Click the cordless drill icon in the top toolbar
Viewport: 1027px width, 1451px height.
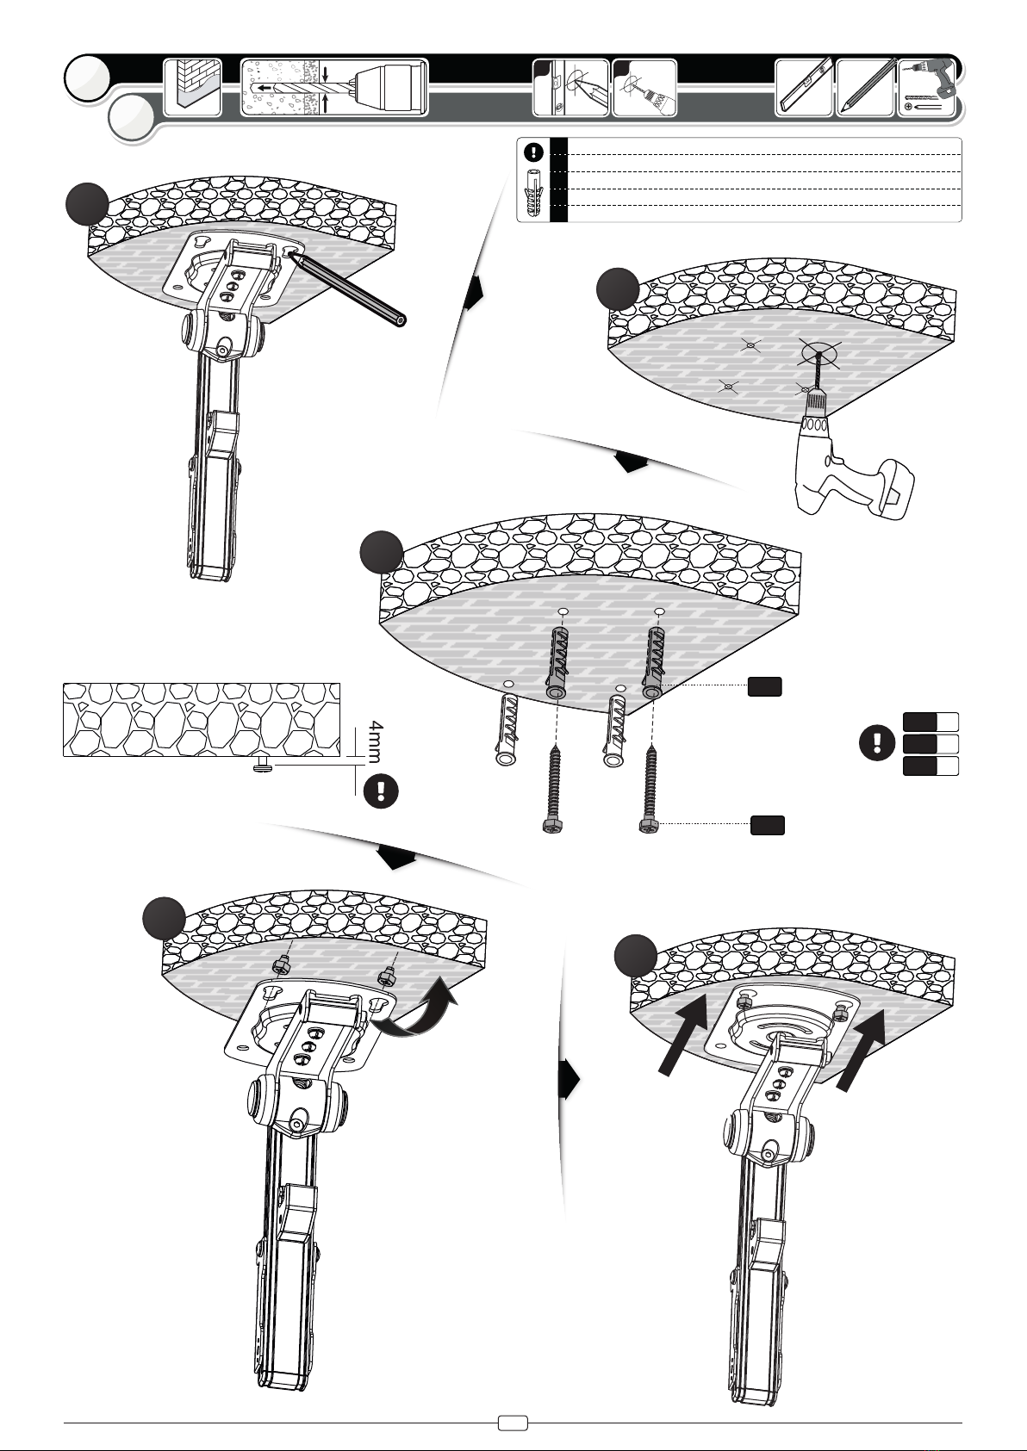(926, 88)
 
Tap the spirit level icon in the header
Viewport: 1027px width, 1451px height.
(804, 88)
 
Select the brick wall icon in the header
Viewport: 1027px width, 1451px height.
(192, 88)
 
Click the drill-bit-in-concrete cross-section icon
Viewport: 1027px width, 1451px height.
(334, 88)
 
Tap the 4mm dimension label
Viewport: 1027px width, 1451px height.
(376, 741)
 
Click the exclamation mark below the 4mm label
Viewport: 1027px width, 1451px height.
(381, 791)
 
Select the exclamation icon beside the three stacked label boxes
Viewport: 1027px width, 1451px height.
(877, 743)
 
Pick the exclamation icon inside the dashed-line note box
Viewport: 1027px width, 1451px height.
(533, 153)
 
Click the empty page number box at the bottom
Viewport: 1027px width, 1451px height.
(513, 1423)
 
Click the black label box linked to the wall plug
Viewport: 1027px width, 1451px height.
(764, 686)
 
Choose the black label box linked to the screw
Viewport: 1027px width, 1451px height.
(767, 825)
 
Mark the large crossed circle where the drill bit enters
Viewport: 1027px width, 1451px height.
(819, 354)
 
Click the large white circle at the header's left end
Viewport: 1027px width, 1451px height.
(87, 78)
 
